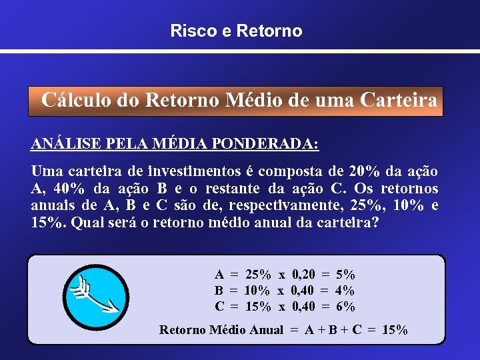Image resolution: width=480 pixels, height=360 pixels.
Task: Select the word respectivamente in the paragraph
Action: tap(308, 205)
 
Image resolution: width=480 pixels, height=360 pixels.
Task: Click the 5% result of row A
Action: tap(345, 274)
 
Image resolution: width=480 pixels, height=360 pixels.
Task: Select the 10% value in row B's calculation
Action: tap(257, 291)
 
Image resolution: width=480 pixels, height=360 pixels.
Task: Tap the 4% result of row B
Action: tap(345, 291)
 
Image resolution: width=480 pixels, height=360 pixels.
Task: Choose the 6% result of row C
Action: tap(345, 307)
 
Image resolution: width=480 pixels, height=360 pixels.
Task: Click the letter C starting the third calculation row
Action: tap(219, 307)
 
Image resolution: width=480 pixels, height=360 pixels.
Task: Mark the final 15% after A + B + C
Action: tap(395, 329)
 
